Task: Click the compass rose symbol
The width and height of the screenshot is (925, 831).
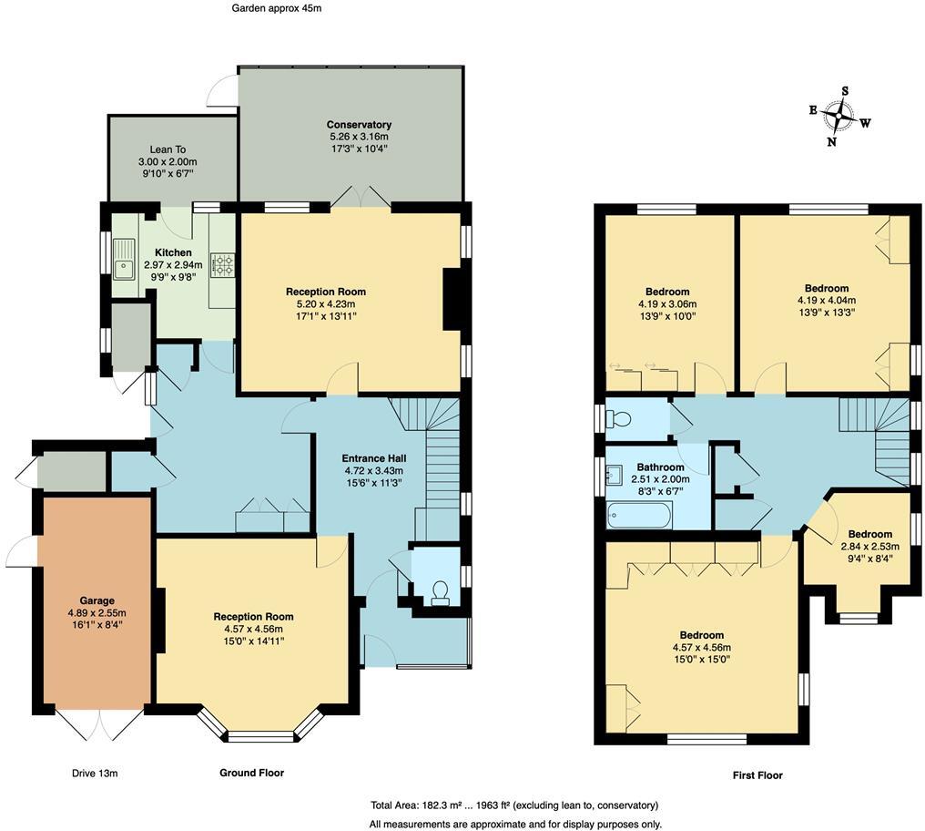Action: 838,116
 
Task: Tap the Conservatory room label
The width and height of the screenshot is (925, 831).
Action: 359,125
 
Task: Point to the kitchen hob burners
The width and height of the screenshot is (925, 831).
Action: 222,265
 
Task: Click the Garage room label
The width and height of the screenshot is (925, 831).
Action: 96,600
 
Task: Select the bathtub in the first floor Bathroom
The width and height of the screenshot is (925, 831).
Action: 640,516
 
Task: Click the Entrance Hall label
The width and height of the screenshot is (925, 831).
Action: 373,458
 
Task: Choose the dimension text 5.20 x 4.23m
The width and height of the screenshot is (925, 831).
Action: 325,304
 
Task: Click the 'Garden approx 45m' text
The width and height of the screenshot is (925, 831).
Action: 276,8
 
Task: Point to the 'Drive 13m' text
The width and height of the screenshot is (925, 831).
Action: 95,774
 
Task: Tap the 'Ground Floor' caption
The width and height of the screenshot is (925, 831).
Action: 251,773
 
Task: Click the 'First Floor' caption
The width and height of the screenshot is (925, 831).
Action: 757,775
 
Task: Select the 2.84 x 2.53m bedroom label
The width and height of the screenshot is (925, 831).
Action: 864,547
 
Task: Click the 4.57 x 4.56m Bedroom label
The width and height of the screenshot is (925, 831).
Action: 701,635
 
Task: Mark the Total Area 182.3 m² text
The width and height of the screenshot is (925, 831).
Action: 513,805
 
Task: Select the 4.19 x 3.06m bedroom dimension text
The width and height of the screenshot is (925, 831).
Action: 667,304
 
